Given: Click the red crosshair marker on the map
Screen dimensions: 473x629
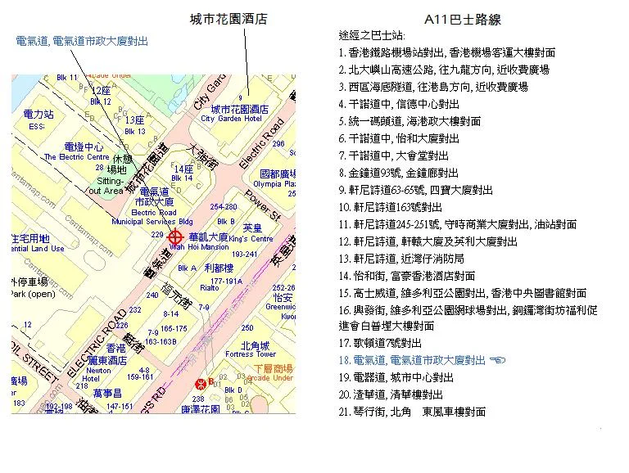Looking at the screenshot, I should tap(174, 235).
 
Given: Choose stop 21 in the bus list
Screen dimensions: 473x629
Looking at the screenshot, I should tap(412, 412).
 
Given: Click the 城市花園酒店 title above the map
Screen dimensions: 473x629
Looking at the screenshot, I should tap(229, 18).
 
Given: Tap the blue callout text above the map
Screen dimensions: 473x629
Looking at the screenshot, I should tap(82, 41).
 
